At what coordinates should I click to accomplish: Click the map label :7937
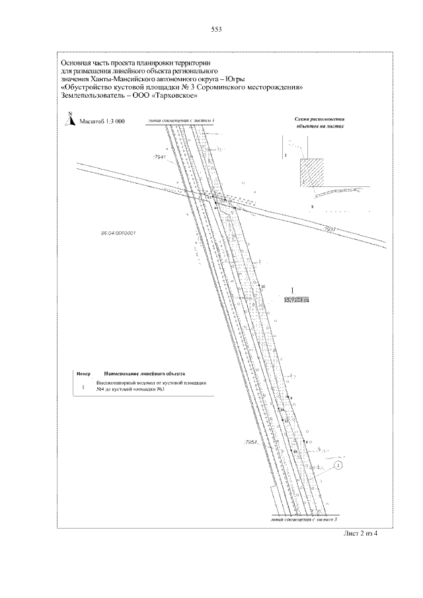click(x=330, y=229)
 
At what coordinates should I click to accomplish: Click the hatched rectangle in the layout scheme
click(x=311, y=171)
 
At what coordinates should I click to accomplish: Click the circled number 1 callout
click(x=338, y=466)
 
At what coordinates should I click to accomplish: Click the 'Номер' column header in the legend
click(x=83, y=373)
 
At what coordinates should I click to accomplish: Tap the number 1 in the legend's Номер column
click(x=83, y=387)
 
